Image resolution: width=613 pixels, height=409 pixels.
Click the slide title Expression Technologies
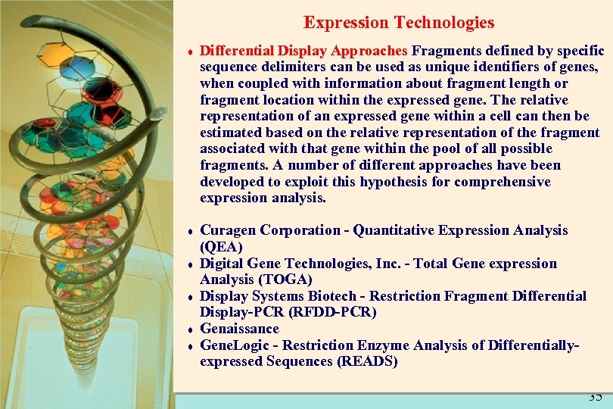tap(399, 23)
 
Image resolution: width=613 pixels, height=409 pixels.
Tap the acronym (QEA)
tap(221, 247)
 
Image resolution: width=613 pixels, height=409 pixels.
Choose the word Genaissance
tap(239, 329)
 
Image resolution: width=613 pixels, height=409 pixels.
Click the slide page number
tap(595, 397)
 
